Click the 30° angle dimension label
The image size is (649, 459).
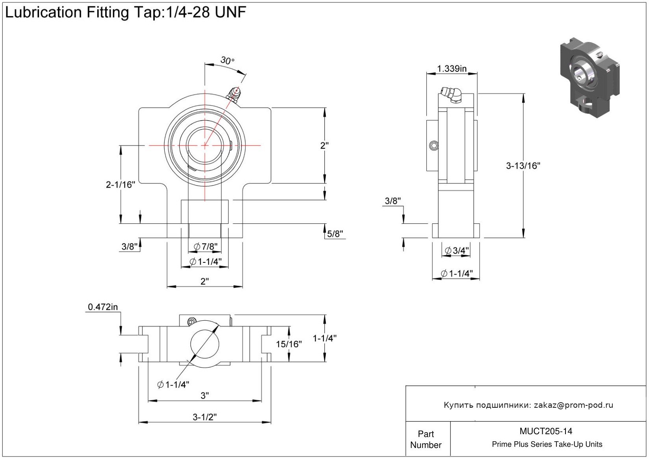[227, 60]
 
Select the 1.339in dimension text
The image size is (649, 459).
[452, 69]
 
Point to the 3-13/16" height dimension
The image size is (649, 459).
[523, 165]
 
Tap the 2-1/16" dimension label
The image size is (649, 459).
[121, 184]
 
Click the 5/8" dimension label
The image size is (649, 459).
[335, 234]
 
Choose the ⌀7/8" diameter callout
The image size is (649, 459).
[206, 247]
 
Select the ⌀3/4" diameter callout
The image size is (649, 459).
[457, 251]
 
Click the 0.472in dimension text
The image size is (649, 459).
[103, 307]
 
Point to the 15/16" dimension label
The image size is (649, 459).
[289, 344]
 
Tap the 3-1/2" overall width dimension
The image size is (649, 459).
[205, 416]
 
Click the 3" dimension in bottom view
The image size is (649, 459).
[205, 395]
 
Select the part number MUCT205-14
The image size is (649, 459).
[546, 431]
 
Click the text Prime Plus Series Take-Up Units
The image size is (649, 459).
[547, 444]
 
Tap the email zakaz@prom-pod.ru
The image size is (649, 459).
[573, 405]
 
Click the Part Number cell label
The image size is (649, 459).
[426, 439]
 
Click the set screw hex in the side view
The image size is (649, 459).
[433, 146]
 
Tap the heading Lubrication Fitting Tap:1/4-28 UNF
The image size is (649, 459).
[125, 13]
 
